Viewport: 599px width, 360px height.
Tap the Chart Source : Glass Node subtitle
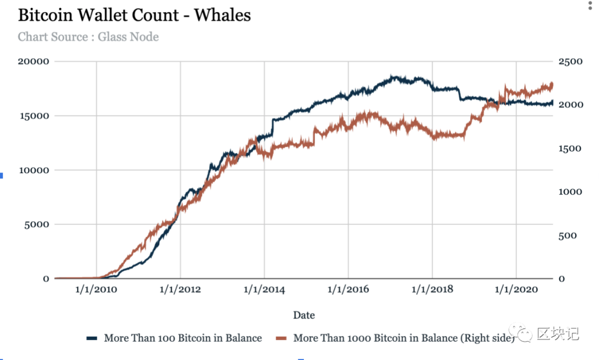pos(88,37)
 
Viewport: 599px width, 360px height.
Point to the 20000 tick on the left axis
pos(34,61)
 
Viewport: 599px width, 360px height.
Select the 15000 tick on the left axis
pos(34,116)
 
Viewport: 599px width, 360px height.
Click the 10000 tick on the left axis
pos(34,170)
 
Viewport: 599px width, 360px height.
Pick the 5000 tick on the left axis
pos(37,225)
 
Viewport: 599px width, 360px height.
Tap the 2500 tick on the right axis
pos(571,61)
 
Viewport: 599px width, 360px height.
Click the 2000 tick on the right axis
pos(571,105)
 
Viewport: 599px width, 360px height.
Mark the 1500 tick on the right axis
pos(570,148)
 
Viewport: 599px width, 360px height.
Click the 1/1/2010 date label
pos(97,290)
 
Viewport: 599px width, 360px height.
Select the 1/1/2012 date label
pos(180,290)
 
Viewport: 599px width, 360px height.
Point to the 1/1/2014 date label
pos(264,290)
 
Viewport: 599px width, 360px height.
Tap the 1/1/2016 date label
pos(348,290)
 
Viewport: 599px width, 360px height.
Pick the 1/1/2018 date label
pos(432,290)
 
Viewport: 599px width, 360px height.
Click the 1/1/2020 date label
pos(516,290)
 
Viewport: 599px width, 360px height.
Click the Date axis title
pos(304,315)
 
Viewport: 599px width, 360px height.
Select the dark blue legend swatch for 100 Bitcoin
pos(92,338)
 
